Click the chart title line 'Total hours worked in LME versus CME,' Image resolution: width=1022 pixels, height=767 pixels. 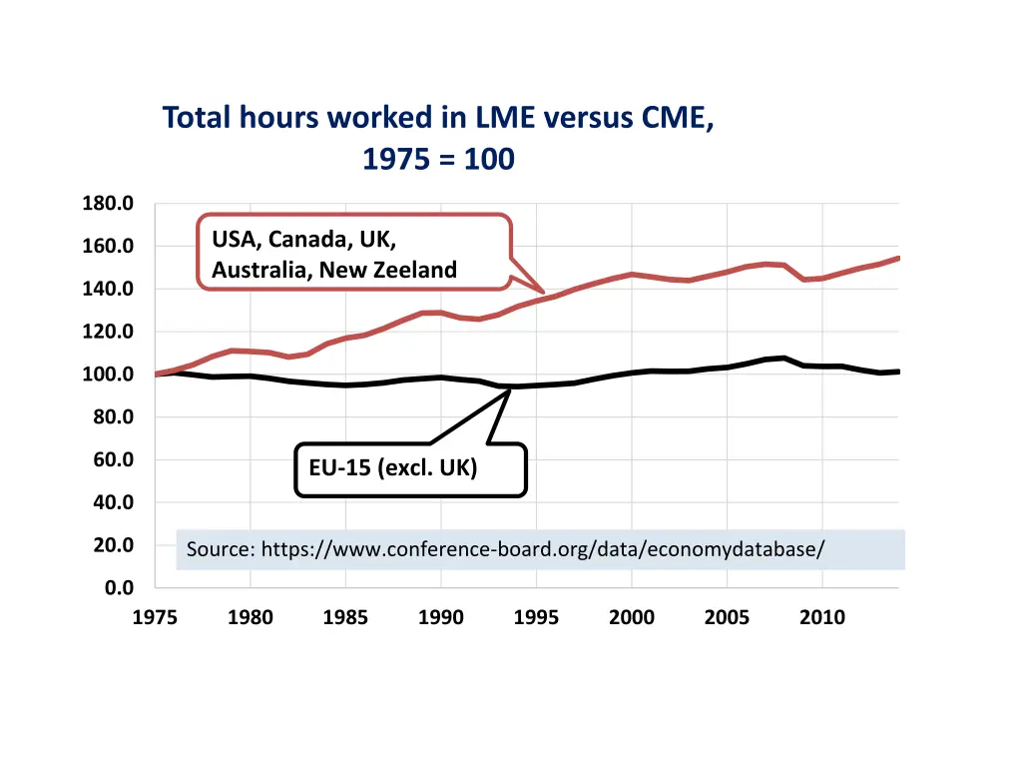(438, 118)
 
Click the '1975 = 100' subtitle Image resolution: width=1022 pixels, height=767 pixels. (438, 159)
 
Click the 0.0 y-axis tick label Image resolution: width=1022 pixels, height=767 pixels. (121, 588)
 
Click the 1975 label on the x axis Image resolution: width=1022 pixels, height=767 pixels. (155, 617)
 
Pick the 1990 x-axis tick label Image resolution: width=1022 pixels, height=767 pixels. (440, 617)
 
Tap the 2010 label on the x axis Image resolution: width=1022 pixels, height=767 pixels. (821, 617)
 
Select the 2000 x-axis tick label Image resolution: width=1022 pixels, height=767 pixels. (632, 617)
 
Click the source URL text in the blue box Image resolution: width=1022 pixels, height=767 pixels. (543, 549)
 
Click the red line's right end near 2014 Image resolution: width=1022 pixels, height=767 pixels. (898, 258)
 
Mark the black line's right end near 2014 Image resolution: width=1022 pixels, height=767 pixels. (898, 372)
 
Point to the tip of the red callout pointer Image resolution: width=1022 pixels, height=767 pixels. (544, 293)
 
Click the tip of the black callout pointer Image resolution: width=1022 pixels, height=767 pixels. (510, 388)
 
